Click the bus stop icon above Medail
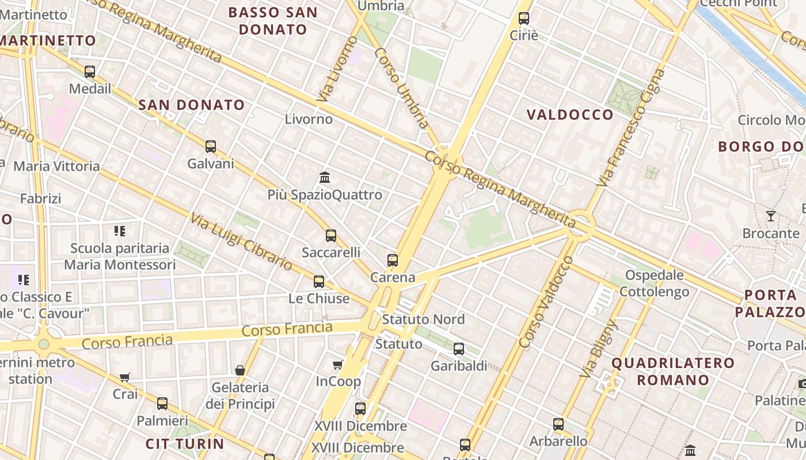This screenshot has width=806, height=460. tap(90, 72)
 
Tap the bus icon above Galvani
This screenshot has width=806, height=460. tap(211, 147)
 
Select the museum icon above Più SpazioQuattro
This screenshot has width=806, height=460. tap(325, 177)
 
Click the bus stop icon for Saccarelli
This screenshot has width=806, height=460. tap(331, 235)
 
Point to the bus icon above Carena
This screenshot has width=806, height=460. tap(393, 260)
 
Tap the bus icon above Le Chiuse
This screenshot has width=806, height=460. tap(319, 282)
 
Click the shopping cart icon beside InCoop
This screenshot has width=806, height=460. tap(338, 365)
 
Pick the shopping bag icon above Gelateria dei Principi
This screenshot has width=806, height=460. tap(240, 370)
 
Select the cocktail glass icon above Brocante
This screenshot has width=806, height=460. tap(771, 216)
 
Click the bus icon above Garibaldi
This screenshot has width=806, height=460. tap(459, 349)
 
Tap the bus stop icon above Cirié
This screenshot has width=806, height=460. tap(524, 18)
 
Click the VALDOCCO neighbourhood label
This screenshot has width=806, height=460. tap(571, 114)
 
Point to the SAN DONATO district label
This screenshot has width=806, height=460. tap(192, 105)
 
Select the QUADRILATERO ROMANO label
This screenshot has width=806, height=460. tap(673, 371)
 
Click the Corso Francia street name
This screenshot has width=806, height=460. tap(287, 330)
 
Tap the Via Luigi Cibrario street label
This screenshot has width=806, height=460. tap(242, 242)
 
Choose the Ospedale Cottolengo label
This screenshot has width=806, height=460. tap(655, 283)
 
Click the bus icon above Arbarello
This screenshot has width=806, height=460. tap(558, 424)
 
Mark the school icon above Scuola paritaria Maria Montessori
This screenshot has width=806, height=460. tap(120, 231)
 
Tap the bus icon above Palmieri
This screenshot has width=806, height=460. tap(162, 404)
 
